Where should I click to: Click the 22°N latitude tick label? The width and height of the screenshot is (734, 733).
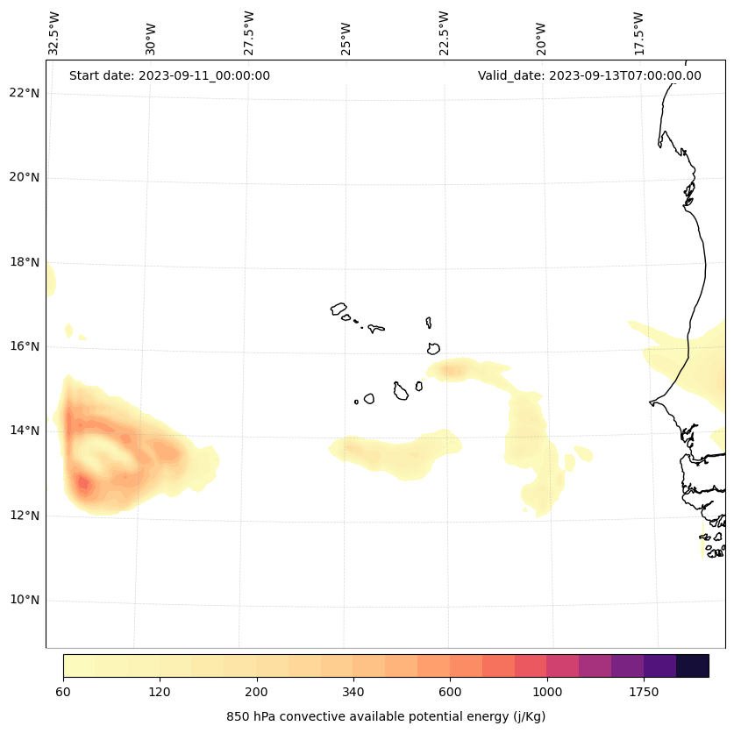click(x=23, y=93)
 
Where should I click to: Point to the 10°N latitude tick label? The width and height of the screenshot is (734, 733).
click(x=23, y=600)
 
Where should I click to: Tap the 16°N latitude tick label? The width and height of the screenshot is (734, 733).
click(x=23, y=346)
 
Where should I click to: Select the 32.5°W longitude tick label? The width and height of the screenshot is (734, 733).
click(x=54, y=33)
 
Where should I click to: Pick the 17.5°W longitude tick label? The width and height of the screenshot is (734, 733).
click(x=638, y=33)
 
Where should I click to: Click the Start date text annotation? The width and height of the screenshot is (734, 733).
click(x=169, y=75)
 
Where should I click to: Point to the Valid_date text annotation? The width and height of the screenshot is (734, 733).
click(x=589, y=75)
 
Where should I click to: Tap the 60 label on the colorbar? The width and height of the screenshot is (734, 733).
click(x=63, y=693)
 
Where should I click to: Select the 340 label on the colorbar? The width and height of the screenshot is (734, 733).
click(x=353, y=693)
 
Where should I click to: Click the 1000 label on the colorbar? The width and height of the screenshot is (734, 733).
click(x=547, y=693)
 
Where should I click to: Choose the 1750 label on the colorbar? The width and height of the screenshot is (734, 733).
click(x=644, y=693)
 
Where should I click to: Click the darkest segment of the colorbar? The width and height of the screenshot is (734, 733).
click(x=693, y=665)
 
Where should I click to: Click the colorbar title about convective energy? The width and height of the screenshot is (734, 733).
click(x=386, y=716)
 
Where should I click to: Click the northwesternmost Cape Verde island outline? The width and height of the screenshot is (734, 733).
click(x=338, y=309)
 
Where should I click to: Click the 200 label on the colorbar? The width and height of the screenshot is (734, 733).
click(x=257, y=693)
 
